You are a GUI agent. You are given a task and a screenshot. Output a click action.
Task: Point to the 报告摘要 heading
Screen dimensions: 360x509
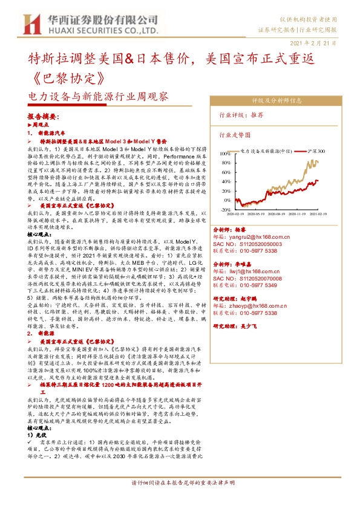coord(43,115)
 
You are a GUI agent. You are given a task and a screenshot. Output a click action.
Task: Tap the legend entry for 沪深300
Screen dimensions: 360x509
coord(317,151)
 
